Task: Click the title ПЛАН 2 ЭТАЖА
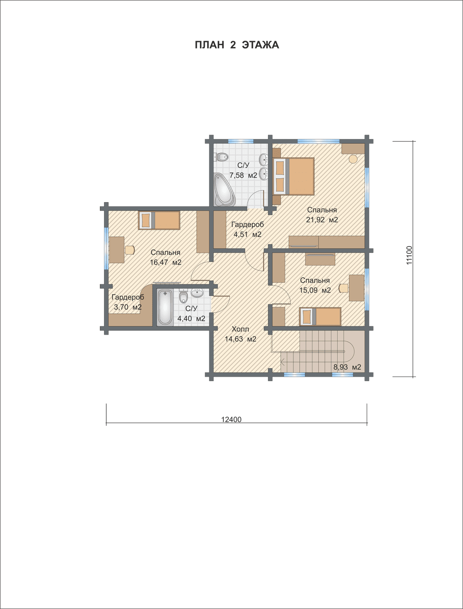(x=236, y=45)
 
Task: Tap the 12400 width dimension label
(x=231, y=420)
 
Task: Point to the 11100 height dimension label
(x=410, y=255)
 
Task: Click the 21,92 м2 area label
(x=322, y=220)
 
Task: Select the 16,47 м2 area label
(x=165, y=262)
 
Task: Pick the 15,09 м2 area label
(x=315, y=290)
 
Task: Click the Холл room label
(x=240, y=329)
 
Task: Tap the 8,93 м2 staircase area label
(x=347, y=367)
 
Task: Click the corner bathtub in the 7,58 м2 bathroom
(x=224, y=189)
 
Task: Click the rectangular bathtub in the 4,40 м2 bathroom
(x=165, y=307)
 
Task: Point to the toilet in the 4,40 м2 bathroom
(x=183, y=297)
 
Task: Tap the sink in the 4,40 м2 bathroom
(x=197, y=293)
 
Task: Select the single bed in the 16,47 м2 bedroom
(x=159, y=221)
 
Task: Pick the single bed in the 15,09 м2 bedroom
(x=320, y=316)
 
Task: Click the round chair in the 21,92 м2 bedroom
(x=353, y=159)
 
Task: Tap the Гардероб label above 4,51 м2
(x=247, y=224)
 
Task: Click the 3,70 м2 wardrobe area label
(x=128, y=307)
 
